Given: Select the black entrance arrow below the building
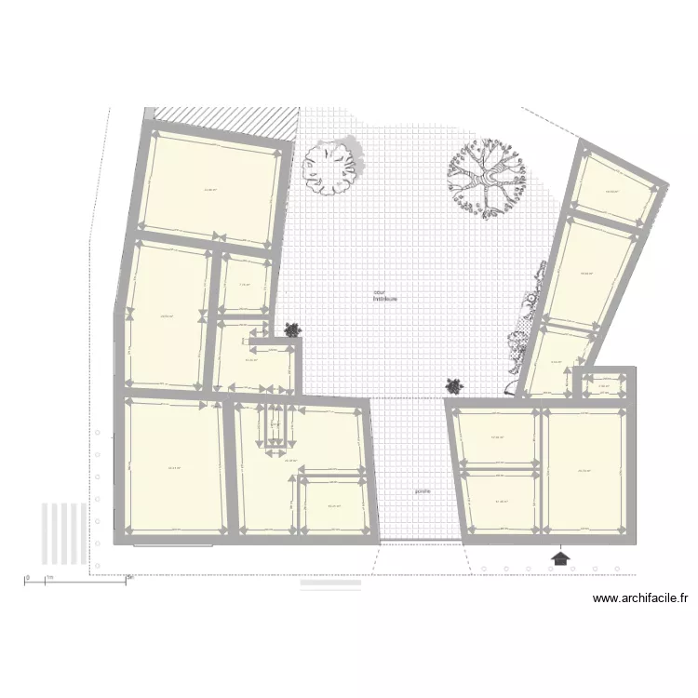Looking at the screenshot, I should point(560,557).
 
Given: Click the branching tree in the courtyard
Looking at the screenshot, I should point(487,177).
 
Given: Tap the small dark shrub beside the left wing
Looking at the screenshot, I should point(293,329).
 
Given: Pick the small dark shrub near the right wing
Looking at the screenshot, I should point(454,384).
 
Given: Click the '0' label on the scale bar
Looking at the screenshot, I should point(28,578).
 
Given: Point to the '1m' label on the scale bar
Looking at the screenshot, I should point(52,578).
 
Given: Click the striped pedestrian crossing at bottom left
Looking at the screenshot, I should point(63,531).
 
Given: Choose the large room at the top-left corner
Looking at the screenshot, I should point(212,188).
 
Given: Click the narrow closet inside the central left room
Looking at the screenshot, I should point(275,424).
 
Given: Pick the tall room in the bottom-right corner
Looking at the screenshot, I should point(584,470).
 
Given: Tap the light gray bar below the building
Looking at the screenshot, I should point(329,584).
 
